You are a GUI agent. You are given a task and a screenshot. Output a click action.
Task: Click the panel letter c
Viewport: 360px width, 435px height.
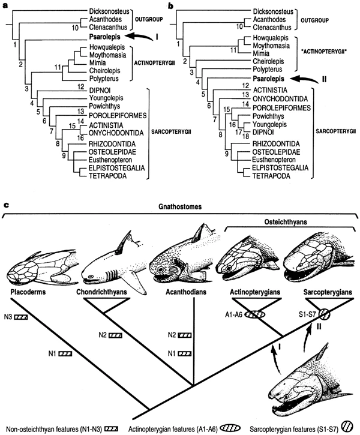[6, 205]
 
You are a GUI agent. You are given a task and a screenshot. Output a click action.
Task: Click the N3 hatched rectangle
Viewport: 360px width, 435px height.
[22, 316]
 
